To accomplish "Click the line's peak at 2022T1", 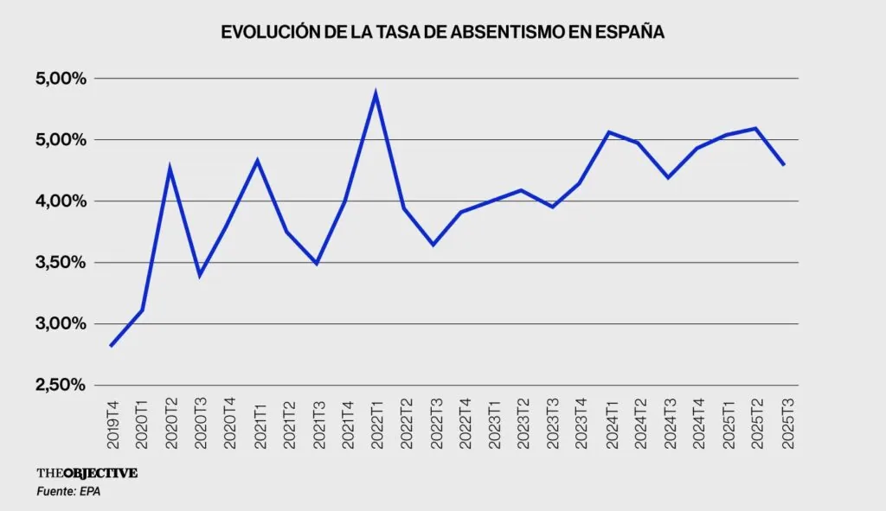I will pyautogui.click(x=375, y=93).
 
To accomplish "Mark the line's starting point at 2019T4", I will pyautogui.click(x=112, y=346).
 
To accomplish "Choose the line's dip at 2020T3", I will pyautogui.click(x=200, y=275).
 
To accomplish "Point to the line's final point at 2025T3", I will pyautogui.click(x=784, y=164).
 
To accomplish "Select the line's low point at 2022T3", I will pyautogui.click(x=433, y=245).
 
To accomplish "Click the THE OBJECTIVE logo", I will pyautogui.click(x=87, y=473).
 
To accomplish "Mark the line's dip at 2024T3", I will pyautogui.click(x=667, y=177).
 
